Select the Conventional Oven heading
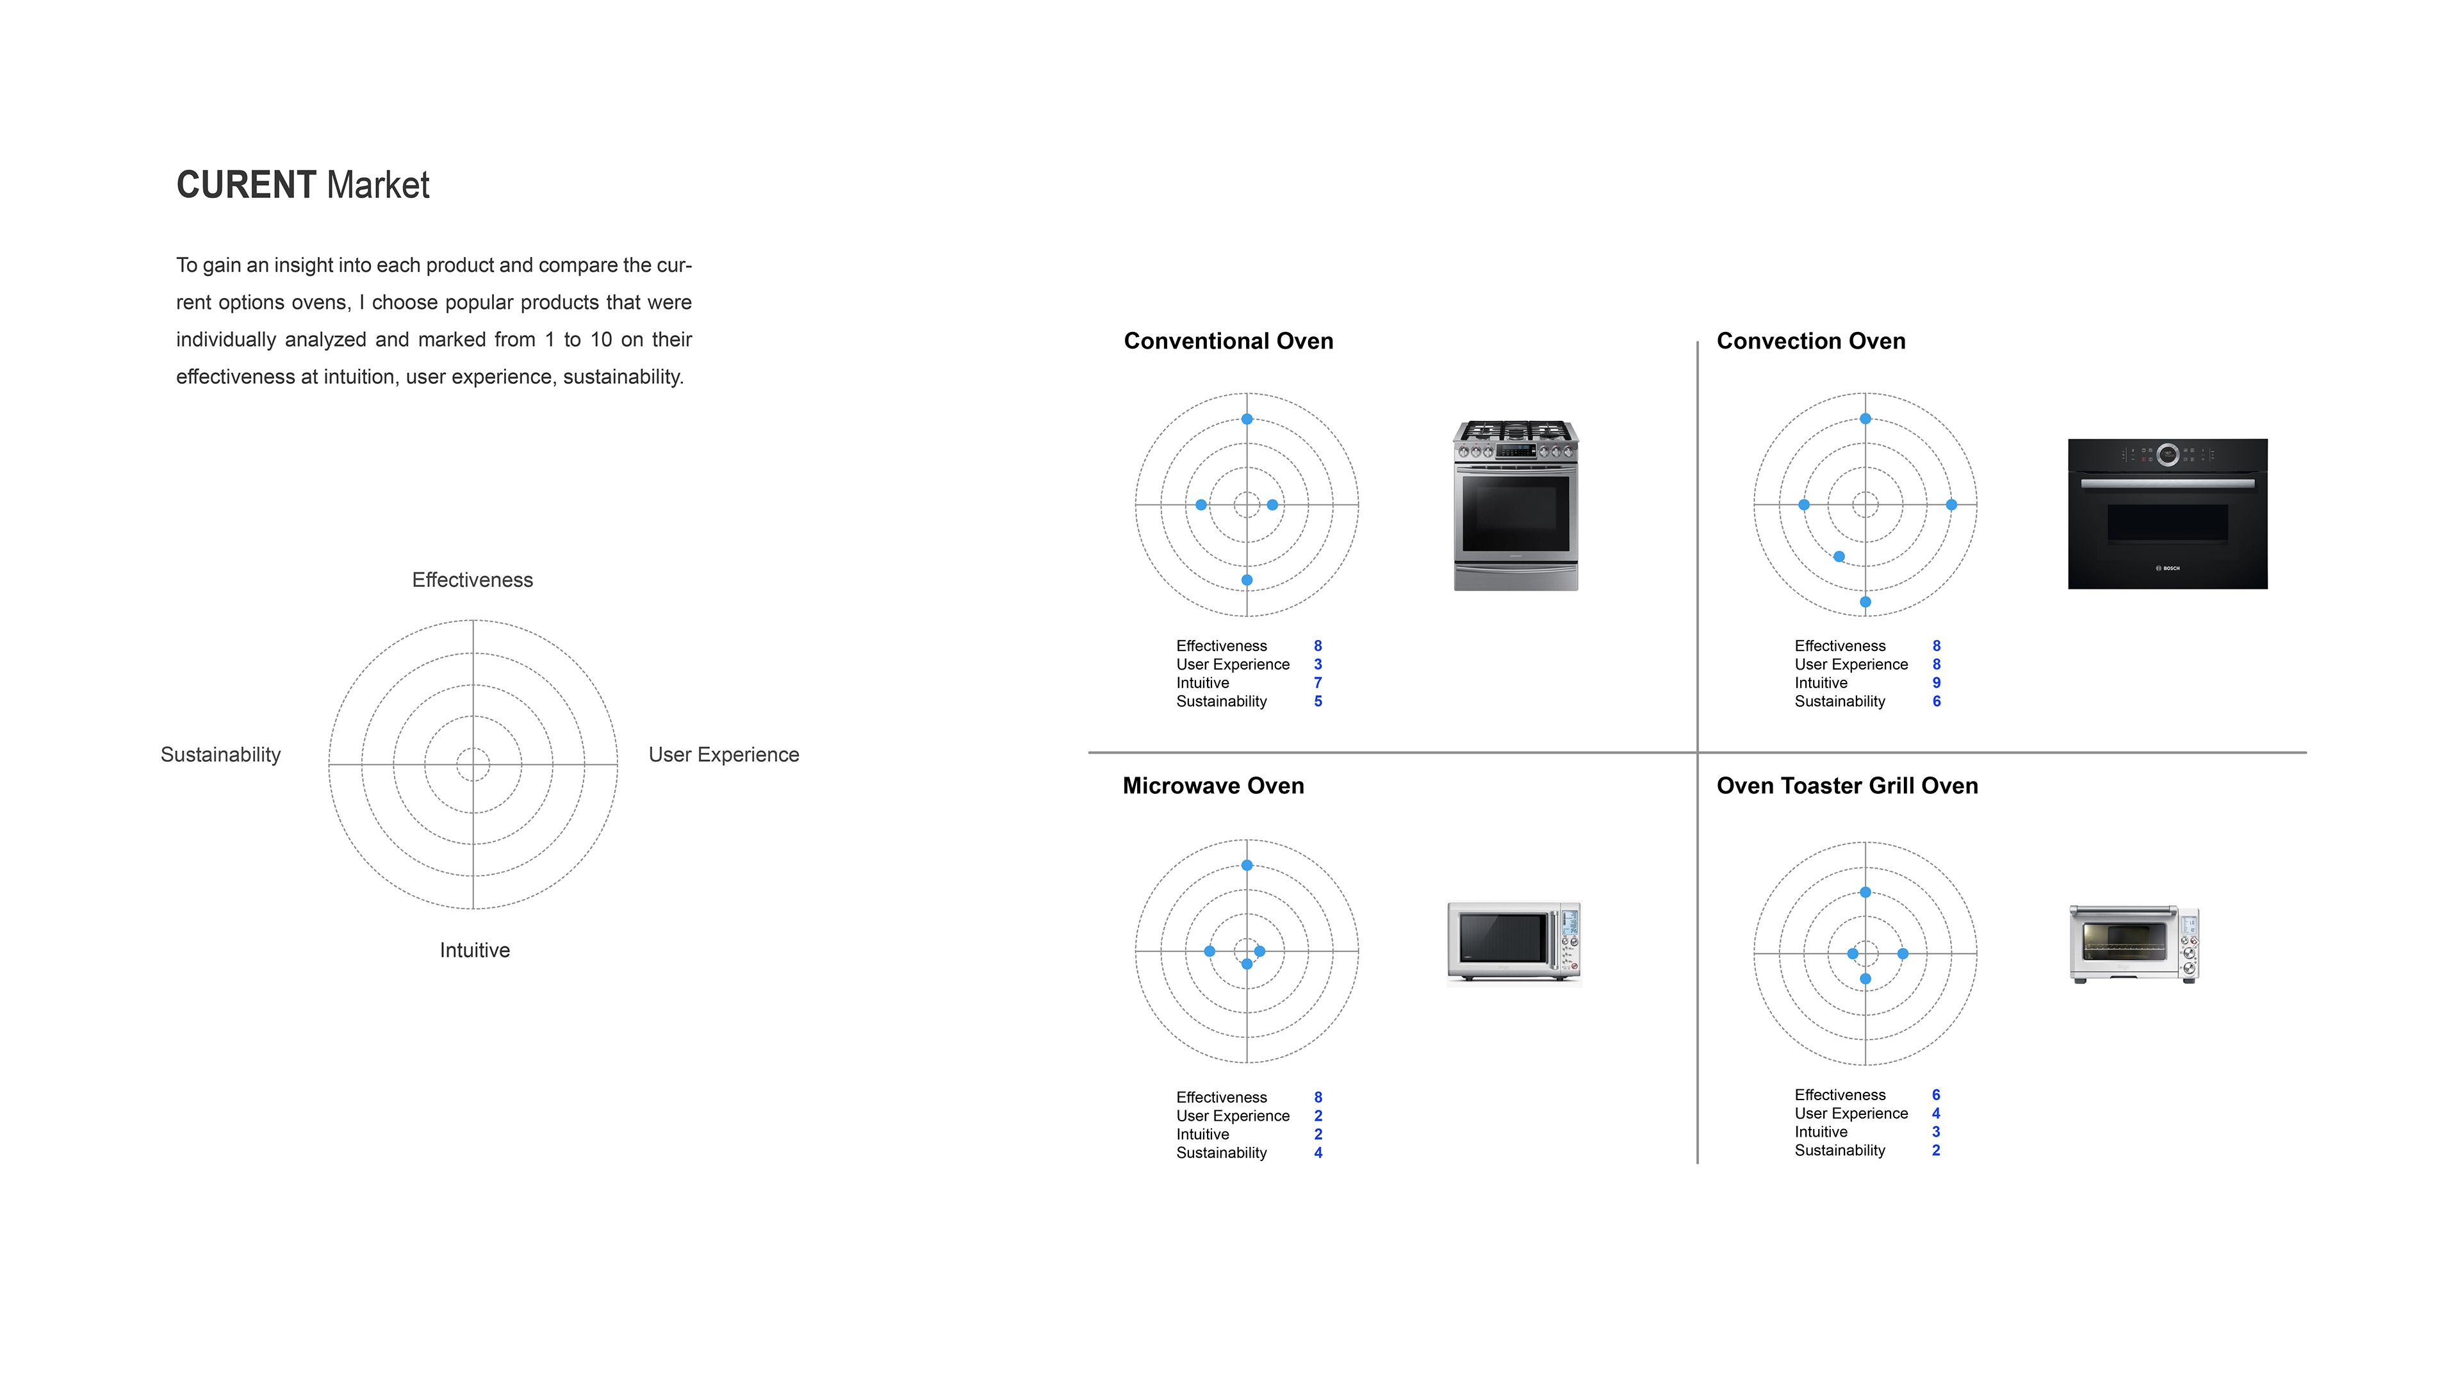coord(1228,341)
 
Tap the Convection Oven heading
coord(1810,341)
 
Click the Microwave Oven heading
coord(1213,786)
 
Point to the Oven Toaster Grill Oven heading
coord(1847,786)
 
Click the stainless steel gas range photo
coord(1516,506)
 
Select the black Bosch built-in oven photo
coord(2167,514)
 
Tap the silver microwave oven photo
coord(1514,942)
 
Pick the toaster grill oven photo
coord(2135,944)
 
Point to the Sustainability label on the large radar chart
coord(220,755)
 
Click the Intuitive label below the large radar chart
coord(475,950)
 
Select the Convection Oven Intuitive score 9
coord(1936,683)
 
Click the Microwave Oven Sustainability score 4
coord(1318,1153)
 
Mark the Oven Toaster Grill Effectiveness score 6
coord(1936,1094)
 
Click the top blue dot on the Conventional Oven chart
coord(1246,419)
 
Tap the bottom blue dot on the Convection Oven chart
coord(1865,602)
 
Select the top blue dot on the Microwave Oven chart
coord(1246,866)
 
